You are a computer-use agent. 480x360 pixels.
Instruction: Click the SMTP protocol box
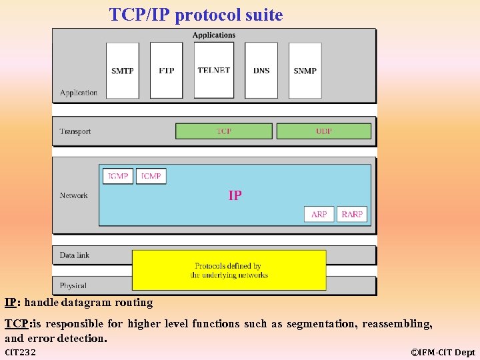tap(123, 71)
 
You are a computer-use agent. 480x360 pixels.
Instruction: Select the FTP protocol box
tap(166, 71)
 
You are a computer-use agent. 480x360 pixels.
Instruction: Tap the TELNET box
tap(214, 70)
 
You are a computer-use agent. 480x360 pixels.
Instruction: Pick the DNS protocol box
tap(261, 71)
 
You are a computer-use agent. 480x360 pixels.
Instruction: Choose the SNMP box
tap(305, 71)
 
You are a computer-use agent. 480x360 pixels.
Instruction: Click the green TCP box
tap(224, 131)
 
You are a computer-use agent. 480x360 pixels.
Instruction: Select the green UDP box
tap(324, 131)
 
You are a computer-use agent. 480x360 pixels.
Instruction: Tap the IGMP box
tap(118, 176)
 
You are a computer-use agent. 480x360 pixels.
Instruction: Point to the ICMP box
tap(151, 176)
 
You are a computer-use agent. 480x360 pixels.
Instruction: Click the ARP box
tap(319, 214)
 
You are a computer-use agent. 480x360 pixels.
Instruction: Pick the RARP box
tap(352, 214)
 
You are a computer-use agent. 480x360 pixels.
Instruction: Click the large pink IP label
tap(235, 195)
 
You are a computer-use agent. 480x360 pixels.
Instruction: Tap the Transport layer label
tap(75, 131)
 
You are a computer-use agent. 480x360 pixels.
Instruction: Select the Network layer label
tap(74, 195)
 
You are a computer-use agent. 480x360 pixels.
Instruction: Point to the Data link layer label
tap(75, 255)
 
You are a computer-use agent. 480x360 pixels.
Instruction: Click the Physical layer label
tap(73, 285)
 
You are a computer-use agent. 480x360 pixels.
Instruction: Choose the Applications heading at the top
tap(214, 35)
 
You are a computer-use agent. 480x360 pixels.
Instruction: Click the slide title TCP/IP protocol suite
tap(196, 15)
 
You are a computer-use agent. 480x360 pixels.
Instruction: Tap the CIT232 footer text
tap(21, 352)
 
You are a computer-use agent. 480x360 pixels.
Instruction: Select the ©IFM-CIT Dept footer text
tap(443, 352)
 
